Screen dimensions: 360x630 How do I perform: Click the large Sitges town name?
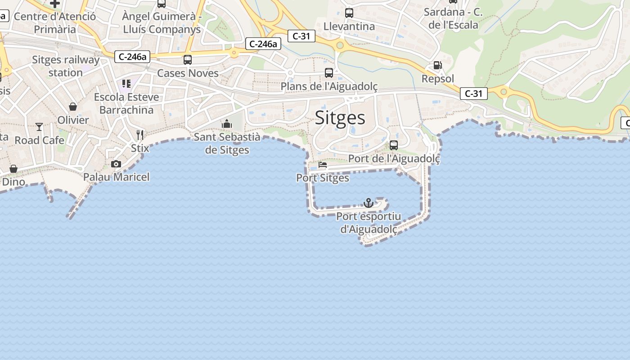click(340, 117)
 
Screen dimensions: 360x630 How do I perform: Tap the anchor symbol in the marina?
click(369, 203)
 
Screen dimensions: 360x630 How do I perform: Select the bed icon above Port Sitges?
click(323, 165)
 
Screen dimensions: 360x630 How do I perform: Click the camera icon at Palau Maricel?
click(116, 164)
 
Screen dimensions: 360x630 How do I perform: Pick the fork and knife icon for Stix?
click(140, 135)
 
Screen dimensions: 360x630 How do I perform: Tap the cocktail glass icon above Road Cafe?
click(39, 127)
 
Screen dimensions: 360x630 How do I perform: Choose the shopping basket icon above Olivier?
click(73, 107)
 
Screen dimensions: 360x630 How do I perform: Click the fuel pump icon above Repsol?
click(437, 66)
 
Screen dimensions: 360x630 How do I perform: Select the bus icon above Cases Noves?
click(188, 59)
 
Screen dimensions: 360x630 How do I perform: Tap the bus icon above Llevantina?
click(349, 13)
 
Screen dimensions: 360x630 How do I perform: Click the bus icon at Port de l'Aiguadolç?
click(394, 145)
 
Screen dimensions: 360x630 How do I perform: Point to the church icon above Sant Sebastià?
click(227, 124)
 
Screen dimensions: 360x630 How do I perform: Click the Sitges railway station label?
click(66, 66)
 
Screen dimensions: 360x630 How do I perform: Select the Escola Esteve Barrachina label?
click(126, 103)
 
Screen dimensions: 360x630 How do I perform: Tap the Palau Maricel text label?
click(116, 177)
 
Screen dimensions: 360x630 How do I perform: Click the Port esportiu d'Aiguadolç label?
click(369, 223)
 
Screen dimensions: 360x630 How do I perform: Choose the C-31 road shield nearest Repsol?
click(474, 94)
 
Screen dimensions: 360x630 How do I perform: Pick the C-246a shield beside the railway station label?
click(132, 57)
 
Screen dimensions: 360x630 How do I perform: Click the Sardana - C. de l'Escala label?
click(453, 18)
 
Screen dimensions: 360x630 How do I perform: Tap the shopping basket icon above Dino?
click(13, 169)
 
